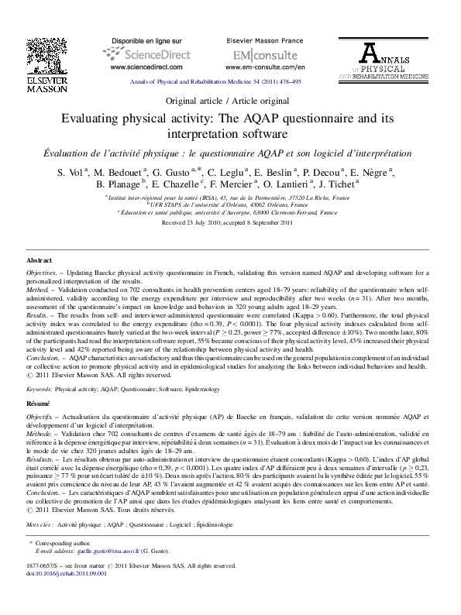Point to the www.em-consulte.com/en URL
coord(265,67)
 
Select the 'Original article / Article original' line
coord(230,101)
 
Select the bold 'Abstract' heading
coord(40,262)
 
